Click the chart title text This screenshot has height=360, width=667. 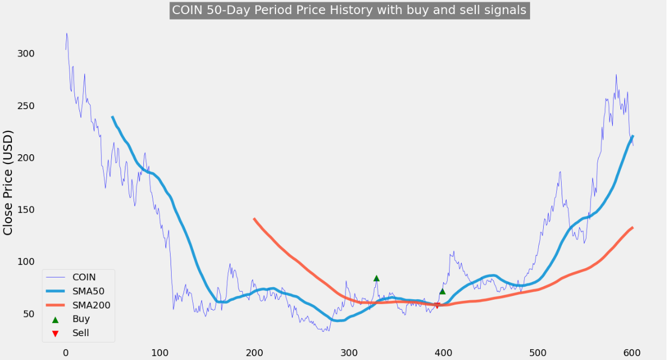(x=349, y=10)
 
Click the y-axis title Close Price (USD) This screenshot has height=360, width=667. (x=8, y=182)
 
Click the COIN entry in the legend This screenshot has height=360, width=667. (x=84, y=277)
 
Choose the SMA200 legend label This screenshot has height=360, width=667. (x=91, y=305)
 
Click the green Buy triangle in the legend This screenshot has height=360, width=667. (x=55, y=319)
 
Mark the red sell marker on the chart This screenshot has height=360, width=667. (x=437, y=306)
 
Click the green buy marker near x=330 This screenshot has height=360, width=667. (x=376, y=278)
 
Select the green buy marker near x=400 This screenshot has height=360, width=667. (x=442, y=291)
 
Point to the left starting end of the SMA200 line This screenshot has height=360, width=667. (x=254, y=219)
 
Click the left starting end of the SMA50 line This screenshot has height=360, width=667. (x=112, y=117)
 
